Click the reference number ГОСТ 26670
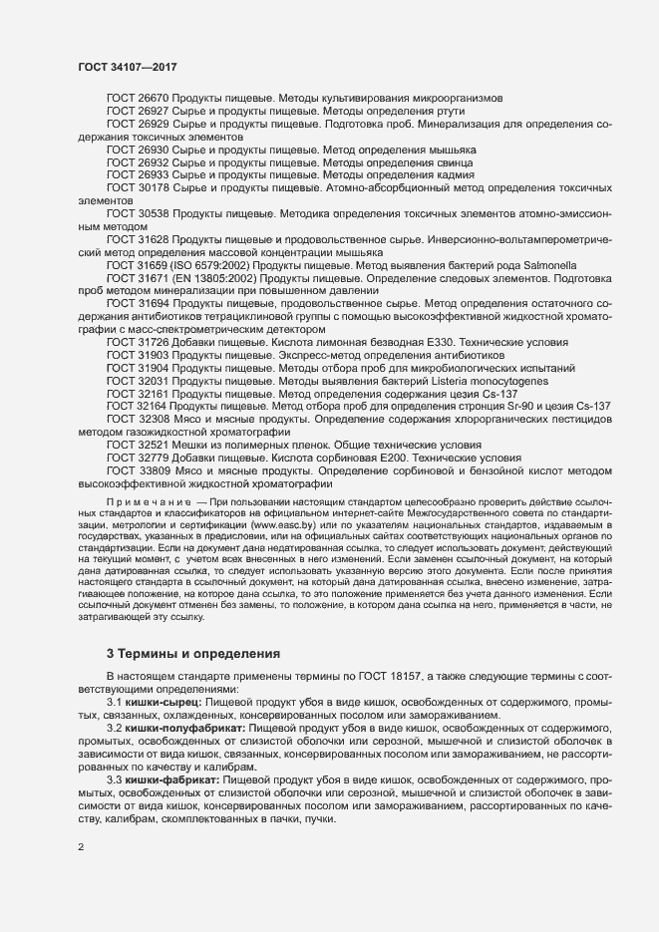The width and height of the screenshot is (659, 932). click(138, 98)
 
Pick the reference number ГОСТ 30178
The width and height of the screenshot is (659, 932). click(138, 187)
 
